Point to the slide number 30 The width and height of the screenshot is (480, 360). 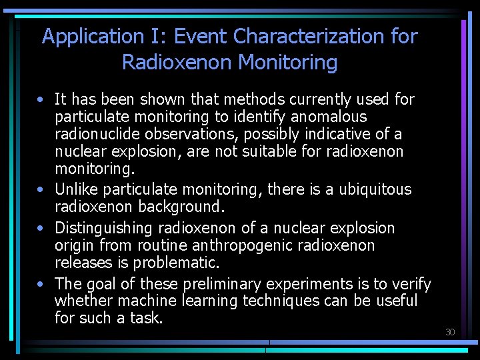click(450, 332)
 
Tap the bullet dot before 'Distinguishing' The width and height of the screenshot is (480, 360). click(41, 229)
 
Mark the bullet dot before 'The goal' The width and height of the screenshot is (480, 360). click(41, 285)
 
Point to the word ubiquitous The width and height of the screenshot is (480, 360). click(375, 190)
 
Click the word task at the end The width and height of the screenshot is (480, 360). click(146, 319)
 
